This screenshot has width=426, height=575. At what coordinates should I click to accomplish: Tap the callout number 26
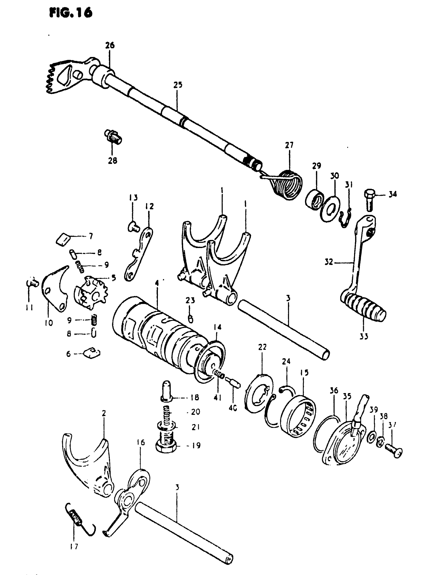110,46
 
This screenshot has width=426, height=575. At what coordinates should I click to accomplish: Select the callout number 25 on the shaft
178,85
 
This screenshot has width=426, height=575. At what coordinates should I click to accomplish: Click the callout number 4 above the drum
157,283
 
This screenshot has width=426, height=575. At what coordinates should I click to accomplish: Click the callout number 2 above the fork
104,414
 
